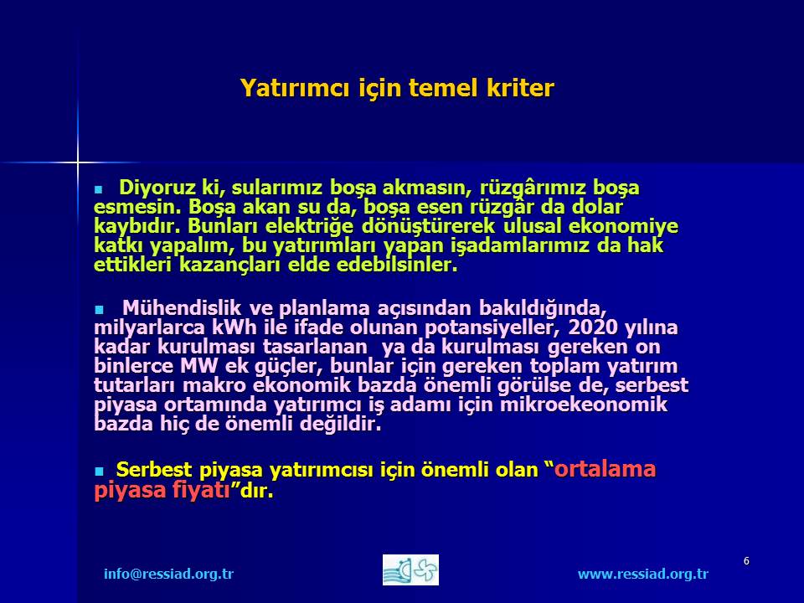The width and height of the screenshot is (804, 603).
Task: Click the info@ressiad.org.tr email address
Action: [168, 574]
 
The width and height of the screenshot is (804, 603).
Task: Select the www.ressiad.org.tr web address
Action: [643, 574]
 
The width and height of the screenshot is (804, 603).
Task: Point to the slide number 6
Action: [746, 561]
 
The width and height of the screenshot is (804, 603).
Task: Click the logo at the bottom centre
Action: [410, 569]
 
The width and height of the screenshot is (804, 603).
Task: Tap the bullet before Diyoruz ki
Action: [99, 190]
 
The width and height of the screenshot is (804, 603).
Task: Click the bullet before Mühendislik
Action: [99, 310]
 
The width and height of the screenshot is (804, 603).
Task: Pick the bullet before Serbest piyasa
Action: [99, 472]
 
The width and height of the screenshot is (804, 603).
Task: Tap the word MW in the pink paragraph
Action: [199, 366]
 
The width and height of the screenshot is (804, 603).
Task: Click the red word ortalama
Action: [605, 469]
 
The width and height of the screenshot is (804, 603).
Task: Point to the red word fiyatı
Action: [201, 490]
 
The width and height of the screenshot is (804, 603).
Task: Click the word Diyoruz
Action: [157, 188]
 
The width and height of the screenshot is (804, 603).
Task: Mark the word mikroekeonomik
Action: [584, 405]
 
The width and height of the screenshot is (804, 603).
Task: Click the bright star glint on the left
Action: [78, 163]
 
